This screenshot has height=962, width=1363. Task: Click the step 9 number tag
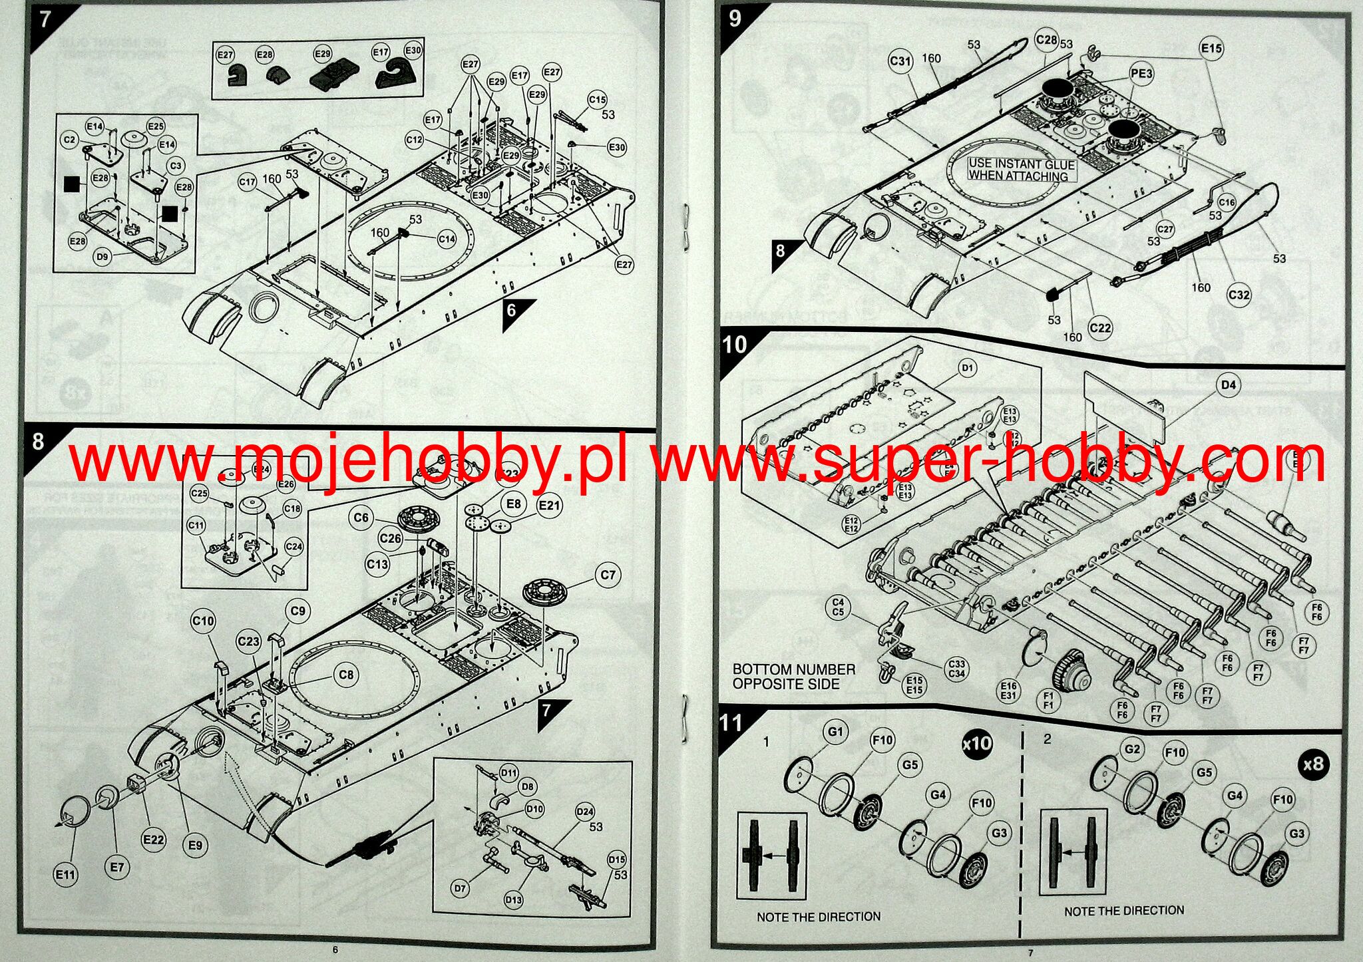735,19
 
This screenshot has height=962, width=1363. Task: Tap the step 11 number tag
730,723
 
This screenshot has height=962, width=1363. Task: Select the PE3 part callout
1141,74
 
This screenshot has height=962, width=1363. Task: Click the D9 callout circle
102,257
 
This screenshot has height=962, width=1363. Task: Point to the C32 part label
1239,295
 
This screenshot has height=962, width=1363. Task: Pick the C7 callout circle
608,575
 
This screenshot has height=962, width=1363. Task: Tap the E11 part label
65,874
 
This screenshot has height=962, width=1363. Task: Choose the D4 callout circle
1229,385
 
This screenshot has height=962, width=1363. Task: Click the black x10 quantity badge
976,743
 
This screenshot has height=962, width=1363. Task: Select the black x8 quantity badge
1313,764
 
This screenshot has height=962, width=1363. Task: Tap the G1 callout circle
835,732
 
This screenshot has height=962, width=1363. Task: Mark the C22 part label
1101,328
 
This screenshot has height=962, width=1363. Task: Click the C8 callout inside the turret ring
346,675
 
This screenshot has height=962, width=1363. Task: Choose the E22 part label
153,840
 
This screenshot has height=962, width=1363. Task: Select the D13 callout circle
513,900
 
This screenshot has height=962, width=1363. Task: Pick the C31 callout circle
900,61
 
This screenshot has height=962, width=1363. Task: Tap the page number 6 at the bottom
335,949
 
